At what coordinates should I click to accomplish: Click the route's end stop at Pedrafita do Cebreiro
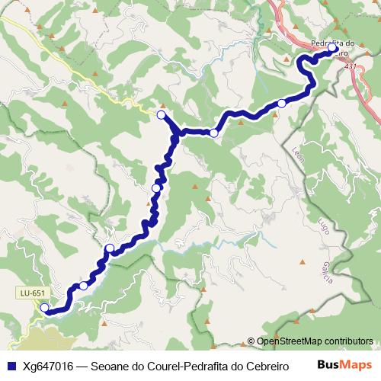[x=332, y=48]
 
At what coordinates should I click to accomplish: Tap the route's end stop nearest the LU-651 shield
[x=45, y=308]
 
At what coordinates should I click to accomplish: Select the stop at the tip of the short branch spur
[x=161, y=114]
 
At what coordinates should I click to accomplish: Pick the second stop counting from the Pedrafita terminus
[x=281, y=103]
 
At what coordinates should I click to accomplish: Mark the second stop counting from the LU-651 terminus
[x=83, y=286]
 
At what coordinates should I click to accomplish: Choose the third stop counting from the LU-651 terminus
[x=110, y=248]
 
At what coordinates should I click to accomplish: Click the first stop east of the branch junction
[x=214, y=133]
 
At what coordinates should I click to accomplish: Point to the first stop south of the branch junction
[x=156, y=187]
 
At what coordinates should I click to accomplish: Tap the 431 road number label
[x=350, y=67]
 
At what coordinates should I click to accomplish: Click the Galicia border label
[x=328, y=271]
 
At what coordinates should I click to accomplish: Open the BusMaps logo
[x=344, y=365]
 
